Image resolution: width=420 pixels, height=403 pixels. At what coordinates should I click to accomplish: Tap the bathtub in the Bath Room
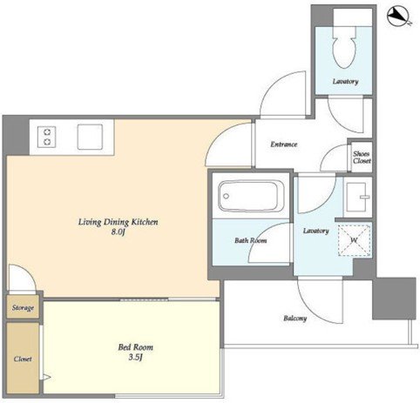click(251, 197)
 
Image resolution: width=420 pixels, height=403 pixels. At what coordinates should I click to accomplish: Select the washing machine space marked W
click(355, 239)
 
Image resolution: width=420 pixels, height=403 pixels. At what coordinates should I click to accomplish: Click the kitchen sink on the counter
click(90, 137)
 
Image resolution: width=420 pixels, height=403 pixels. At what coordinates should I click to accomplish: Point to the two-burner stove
click(47, 137)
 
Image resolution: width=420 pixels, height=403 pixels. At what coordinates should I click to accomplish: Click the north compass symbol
click(399, 17)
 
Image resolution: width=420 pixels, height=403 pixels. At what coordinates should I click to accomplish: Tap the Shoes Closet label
click(362, 158)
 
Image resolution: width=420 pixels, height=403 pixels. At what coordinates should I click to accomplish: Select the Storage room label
click(23, 307)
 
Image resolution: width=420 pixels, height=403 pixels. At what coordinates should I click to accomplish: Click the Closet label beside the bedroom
click(23, 359)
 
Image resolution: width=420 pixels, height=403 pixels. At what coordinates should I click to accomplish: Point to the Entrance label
click(284, 144)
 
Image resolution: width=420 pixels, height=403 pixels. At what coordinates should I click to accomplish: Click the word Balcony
click(295, 319)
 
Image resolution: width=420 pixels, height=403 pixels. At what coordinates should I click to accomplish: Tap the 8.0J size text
click(118, 232)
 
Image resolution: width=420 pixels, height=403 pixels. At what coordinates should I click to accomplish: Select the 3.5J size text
click(135, 357)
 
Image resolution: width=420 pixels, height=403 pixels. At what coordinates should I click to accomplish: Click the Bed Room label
click(135, 347)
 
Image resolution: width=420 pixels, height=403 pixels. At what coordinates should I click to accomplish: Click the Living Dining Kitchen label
click(119, 222)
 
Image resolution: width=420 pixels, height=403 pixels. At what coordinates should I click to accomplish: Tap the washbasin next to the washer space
click(357, 198)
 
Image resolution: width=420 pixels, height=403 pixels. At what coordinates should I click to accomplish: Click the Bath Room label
click(251, 240)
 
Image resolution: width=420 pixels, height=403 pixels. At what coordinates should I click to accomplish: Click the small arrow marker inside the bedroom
click(46, 377)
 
